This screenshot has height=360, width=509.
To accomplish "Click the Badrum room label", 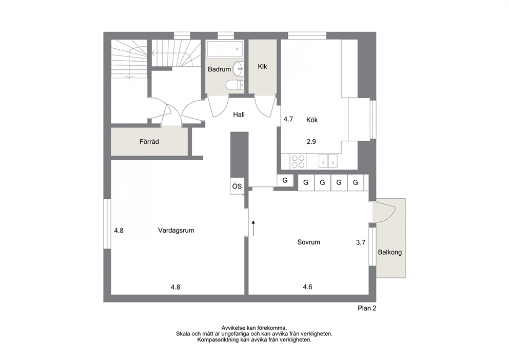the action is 219,69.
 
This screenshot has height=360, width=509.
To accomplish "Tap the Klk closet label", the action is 262,66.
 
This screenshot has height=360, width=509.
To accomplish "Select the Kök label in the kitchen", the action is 312,120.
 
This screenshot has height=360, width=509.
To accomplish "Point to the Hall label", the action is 239,115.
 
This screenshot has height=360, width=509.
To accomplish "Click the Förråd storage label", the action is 149,142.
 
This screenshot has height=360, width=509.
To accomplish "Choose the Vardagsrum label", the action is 176,231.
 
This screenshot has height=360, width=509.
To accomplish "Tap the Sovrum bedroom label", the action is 309,242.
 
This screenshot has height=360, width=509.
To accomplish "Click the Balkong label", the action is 390,252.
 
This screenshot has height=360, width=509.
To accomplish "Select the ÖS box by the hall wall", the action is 237,186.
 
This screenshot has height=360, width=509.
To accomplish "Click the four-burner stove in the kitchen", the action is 298,161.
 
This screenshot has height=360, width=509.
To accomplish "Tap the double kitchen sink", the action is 328,161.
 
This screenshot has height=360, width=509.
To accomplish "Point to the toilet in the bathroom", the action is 234,85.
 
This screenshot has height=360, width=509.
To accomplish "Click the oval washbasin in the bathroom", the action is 238,69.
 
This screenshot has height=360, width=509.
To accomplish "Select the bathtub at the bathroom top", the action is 225,49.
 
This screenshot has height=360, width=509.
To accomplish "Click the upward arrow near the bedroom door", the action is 253,228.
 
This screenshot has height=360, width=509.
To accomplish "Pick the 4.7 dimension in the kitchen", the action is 288,119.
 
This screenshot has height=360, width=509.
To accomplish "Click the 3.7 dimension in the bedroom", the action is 361,242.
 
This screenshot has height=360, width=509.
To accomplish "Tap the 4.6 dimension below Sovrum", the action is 307,287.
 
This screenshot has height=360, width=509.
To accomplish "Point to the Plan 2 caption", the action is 367,308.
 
